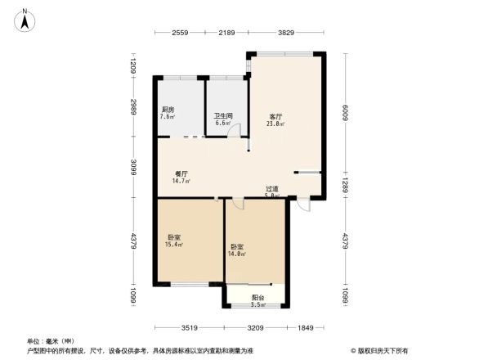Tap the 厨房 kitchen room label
click(x=167, y=112)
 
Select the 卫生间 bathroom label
click(x=222, y=119)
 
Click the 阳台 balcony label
click(x=257, y=300)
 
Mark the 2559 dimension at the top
click(x=180, y=33)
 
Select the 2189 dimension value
click(x=226, y=33)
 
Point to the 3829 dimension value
click(x=285, y=33)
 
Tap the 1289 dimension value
click(x=346, y=185)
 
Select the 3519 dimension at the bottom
click(x=189, y=327)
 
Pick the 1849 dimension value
click(x=305, y=327)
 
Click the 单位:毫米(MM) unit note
click(x=51, y=341)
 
